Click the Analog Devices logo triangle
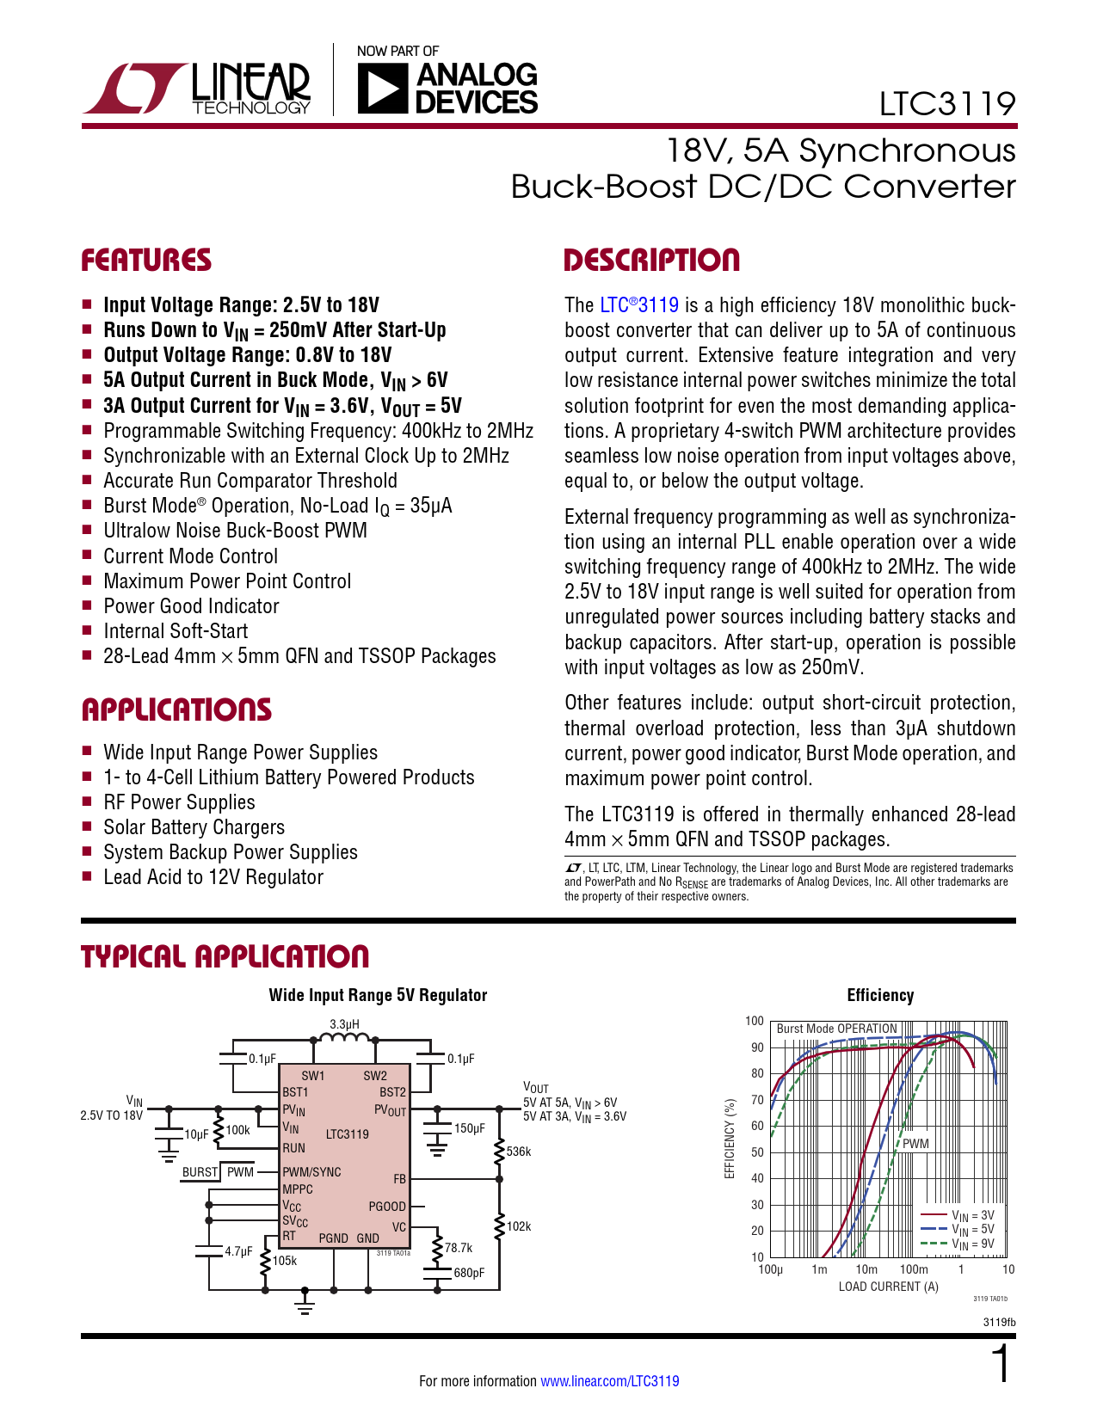coord(381,89)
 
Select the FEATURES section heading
coord(146,261)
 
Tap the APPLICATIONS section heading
coord(176,710)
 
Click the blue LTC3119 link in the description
coord(639,305)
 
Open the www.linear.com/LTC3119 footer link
coord(609,1381)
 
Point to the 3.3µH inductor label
coord(344,1024)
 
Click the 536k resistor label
coord(519,1152)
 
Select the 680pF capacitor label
coord(469,1273)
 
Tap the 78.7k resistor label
coord(459,1248)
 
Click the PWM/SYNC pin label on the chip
coord(311,1172)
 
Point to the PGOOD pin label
coord(387,1207)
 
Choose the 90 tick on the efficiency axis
coord(757,1047)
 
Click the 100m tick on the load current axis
coord(914,1269)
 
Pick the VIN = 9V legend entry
coord(972,1244)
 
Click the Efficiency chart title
coord(880,995)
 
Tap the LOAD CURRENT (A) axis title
coord(888,1287)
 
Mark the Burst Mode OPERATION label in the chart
coord(836,1029)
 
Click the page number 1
coord(1001,1365)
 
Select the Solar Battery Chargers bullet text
coord(194,827)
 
